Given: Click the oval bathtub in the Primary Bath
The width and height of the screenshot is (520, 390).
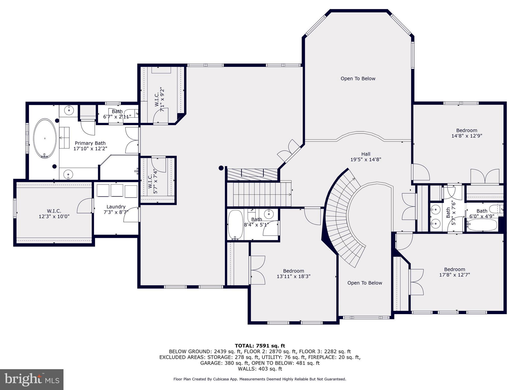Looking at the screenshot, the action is pos(45,138).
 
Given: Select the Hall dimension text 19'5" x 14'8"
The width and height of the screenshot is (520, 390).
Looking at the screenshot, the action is pos(366,159).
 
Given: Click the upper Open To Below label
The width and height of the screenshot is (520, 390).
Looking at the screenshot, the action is pos(358,78).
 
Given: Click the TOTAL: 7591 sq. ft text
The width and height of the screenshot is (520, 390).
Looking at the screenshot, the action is pos(260,346).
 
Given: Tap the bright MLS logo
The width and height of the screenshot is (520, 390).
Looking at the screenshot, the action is pos(32,379).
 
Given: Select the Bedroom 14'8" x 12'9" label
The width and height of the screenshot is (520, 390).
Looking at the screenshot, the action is pos(467,133).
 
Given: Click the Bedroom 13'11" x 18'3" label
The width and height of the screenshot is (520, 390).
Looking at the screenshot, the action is pos(294,273).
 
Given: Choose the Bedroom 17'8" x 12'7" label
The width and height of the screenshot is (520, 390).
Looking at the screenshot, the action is pos(454,272).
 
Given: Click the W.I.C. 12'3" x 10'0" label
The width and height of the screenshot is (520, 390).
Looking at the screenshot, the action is pos(54,214).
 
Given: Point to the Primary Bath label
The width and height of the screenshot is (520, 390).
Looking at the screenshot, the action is pos(90,146).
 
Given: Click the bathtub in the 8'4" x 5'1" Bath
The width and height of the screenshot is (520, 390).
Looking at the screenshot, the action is pos(235,224).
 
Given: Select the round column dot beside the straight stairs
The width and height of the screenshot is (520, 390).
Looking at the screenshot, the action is pos(221,168).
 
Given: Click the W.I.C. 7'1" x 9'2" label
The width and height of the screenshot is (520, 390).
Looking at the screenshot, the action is pos(159,99).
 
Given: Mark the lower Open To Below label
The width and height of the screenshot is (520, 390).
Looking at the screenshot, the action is pos(365,283).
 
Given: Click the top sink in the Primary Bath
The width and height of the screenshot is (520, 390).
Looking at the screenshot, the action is pos(69,110).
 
